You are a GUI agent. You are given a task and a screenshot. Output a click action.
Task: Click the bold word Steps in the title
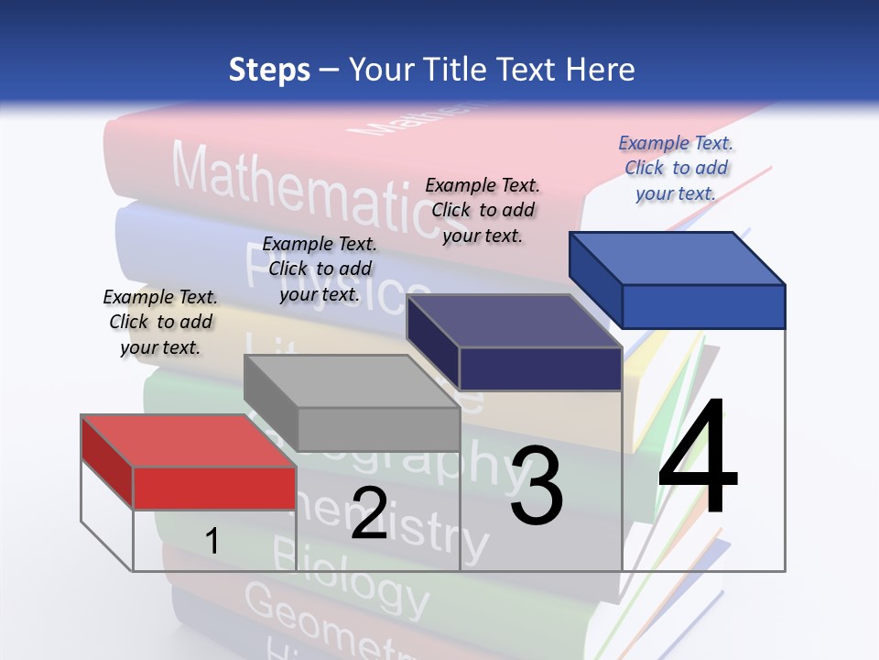[269, 71]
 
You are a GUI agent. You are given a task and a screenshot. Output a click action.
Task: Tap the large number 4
[698, 457]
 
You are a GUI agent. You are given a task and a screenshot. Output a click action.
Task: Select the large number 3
[537, 485]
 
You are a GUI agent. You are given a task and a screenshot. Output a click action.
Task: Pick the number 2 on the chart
[369, 512]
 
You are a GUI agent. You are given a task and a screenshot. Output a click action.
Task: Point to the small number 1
[212, 541]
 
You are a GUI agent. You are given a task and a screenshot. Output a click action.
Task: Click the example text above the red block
[160, 322]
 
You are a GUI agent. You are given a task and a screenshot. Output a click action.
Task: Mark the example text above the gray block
[320, 269]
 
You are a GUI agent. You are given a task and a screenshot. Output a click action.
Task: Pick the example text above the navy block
[483, 210]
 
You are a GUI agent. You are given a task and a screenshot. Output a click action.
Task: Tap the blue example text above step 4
[676, 168]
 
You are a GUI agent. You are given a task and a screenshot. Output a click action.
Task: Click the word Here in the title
[602, 71]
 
